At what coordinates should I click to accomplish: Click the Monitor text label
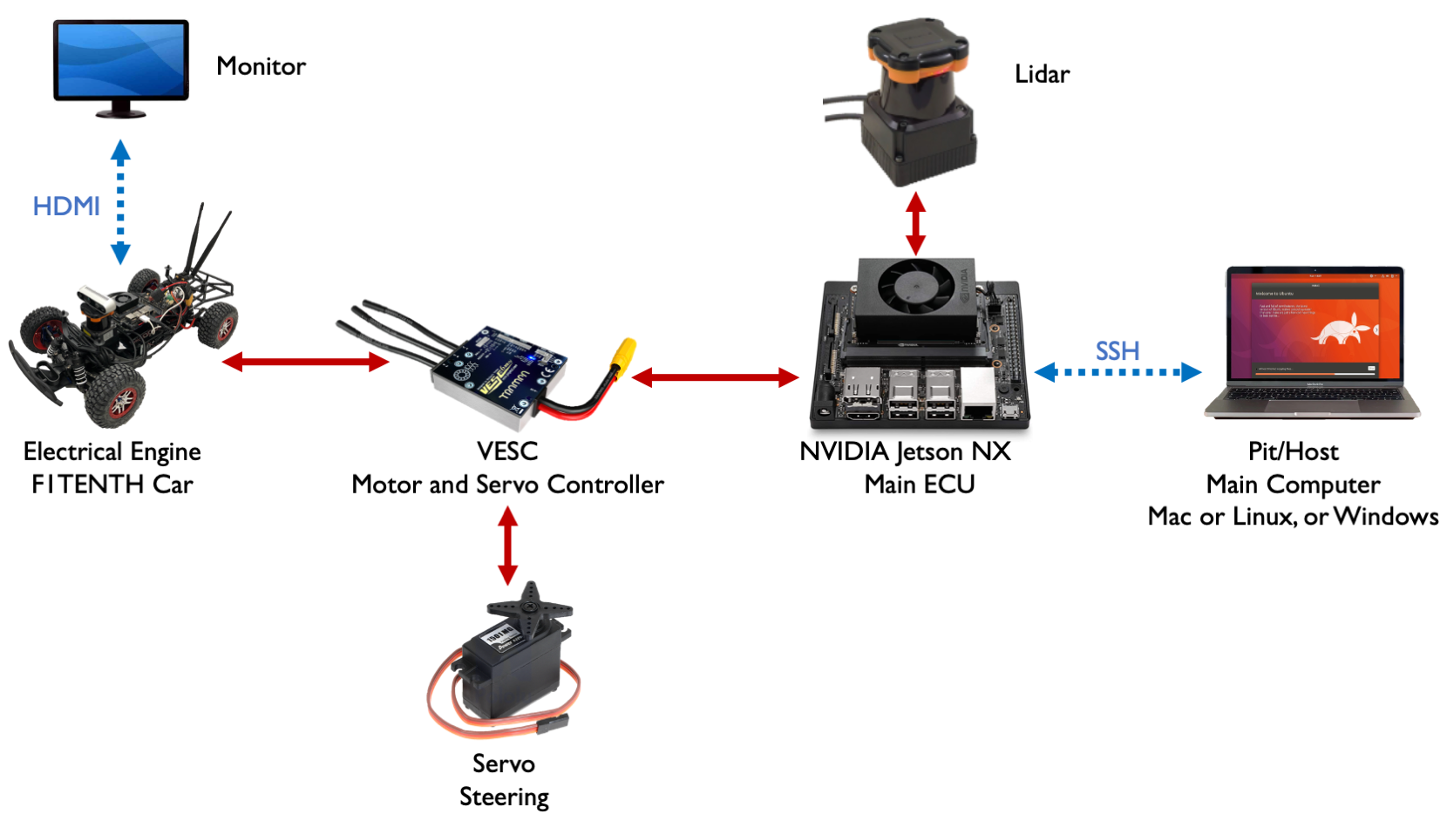(x=261, y=66)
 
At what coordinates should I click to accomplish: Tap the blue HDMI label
(x=66, y=207)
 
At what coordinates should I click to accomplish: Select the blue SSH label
(x=1118, y=351)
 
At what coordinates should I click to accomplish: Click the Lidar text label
(x=1042, y=74)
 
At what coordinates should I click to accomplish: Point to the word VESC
(x=507, y=451)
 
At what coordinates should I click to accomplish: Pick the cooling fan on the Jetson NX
(x=915, y=291)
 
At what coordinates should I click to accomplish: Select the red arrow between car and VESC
(x=305, y=362)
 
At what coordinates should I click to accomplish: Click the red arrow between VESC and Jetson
(x=715, y=377)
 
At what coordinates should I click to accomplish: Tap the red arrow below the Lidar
(x=915, y=223)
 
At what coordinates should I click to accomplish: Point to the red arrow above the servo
(x=508, y=546)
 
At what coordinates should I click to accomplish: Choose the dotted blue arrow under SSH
(x=1118, y=373)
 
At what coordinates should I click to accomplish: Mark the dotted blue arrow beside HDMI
(x=120, y=202)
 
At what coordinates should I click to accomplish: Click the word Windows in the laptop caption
(x=1386, y=517)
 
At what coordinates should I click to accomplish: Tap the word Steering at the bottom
(x=504, y=797)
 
